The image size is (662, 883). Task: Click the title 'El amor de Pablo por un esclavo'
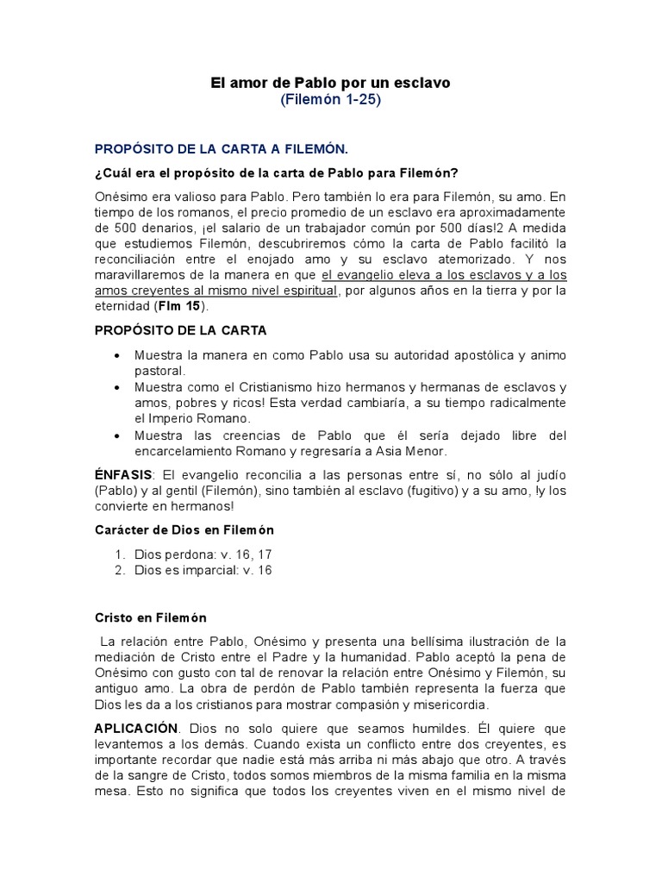[x=330, y=83]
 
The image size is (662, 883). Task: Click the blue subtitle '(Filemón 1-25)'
[x=330, y=100]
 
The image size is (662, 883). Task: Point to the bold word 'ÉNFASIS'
[x=123, y=475]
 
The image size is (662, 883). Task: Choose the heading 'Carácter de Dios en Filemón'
[x=184, y=529]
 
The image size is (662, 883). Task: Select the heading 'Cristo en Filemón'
[x=151, y=618]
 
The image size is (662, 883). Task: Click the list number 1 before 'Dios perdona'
[x=118, y=554]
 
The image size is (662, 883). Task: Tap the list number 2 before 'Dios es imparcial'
[x=118, y=570]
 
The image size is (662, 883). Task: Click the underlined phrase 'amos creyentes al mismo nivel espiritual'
[x=216, y=291]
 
